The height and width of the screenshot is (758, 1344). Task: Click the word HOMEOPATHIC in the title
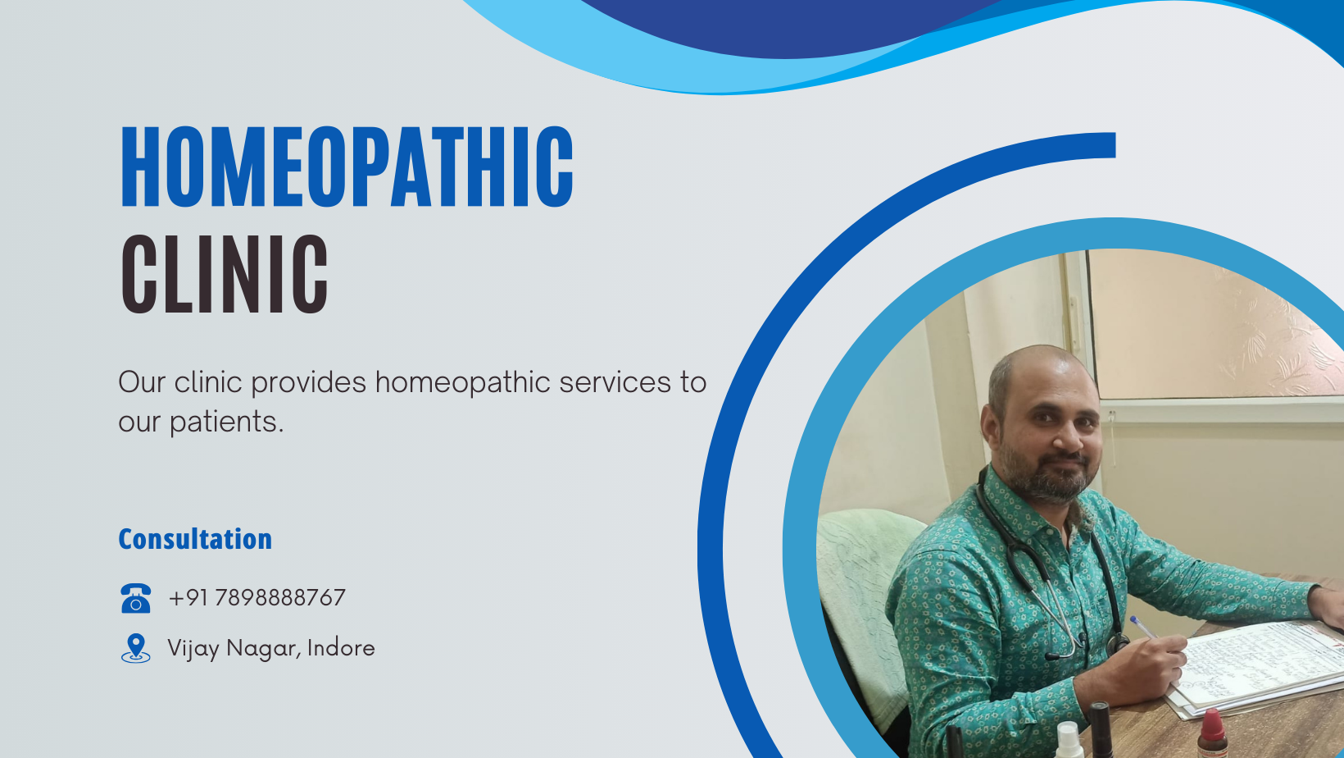point(347,167)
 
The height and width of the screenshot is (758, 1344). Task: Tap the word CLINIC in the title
point(225,274)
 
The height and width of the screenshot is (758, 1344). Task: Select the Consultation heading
point(195,539)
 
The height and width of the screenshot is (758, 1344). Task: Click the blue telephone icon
point(135,598)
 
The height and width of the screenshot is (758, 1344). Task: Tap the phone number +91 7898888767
point(257,598)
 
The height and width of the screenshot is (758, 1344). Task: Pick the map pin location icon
point(135,648)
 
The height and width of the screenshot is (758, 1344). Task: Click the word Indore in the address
point(341,648)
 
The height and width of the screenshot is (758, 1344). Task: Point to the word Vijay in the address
point(193,648)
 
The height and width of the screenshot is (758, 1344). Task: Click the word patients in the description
point(226,422)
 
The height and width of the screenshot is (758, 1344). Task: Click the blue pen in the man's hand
point(1142,626)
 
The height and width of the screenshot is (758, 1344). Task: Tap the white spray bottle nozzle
point(1068,730)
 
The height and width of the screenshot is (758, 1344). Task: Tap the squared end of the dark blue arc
point(1106,144)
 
